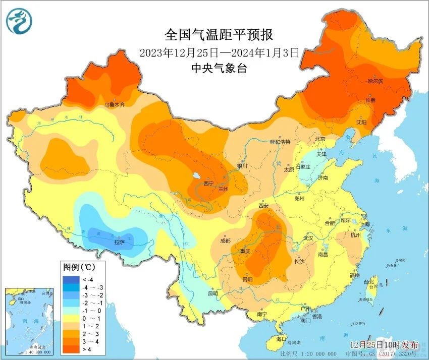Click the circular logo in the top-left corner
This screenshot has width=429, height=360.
click(x=19, y=21)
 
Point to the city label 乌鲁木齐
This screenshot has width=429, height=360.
click(x=114, y=105)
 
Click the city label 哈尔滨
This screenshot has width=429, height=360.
click(x=375, y=81)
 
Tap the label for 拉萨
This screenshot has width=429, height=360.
click(x=119, y=242)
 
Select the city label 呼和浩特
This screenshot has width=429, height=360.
click(x=280, y=142)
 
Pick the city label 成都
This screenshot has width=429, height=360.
click(x=226, y=241)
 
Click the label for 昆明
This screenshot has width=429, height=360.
click(x=212, y=293)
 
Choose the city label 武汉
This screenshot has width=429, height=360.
click(x=308, y=237)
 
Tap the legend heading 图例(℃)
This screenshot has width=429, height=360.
click(x=76, y=266)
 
